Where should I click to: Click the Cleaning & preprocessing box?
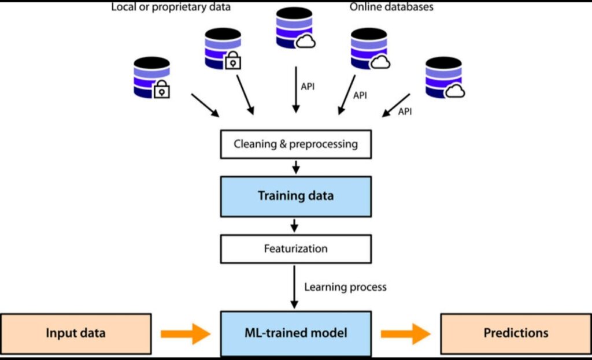[295, 144]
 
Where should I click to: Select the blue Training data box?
[295, 196]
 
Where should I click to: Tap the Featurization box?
[295, 249]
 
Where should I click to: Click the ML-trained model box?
[295, 333]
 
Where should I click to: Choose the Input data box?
[76, 333]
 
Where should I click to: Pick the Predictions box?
[516, 333]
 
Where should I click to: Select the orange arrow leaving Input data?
[186, 333]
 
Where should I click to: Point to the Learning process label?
[345, 287]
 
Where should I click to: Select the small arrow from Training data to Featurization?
[295, 225]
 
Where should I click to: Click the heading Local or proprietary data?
[171, 8]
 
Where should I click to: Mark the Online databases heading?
[391, 8]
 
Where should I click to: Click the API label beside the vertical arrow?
[309, 86]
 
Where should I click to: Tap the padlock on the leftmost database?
[162, 90]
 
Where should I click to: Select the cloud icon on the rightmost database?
[456, 90]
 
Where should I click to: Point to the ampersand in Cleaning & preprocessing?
[283, 144]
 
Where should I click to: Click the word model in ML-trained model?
[333, 333]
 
